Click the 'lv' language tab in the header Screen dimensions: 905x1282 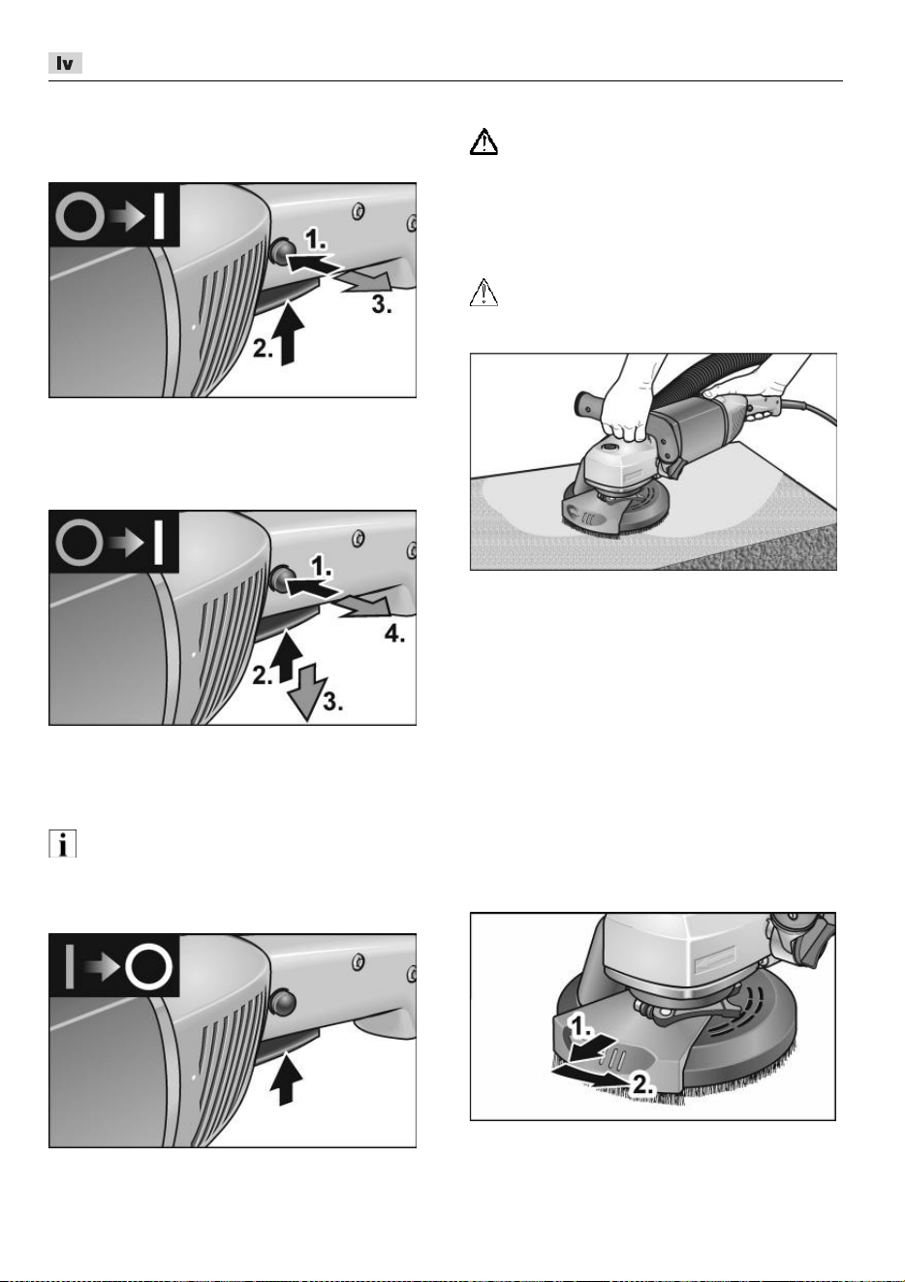point(65,63)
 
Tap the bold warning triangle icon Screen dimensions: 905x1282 point(484,141)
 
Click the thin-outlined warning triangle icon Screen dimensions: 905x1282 point(484,293)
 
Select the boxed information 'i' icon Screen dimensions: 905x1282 point(62,844)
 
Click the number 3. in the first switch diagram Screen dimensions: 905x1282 point(382,304)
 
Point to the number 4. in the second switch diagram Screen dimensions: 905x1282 point(395,634)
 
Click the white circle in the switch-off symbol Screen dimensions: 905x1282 point(148,967)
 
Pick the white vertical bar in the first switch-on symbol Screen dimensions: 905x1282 point(160,216)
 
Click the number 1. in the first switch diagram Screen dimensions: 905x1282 point(315,238)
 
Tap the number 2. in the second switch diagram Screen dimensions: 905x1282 point(263,676)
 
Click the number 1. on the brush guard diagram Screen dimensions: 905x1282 point(581,1028)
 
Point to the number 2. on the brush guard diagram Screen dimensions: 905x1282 point(642,1084)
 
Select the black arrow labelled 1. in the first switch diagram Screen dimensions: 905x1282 point(312,264)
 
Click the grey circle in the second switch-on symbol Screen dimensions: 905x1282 point(79,544)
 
